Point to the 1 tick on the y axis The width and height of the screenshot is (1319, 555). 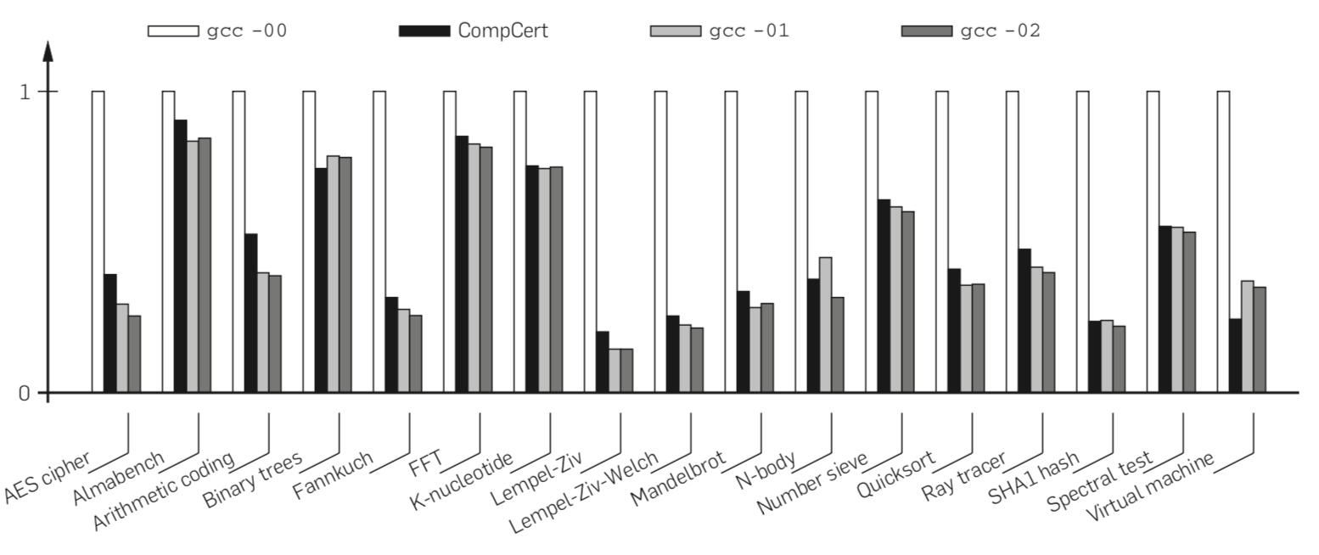(25, 91)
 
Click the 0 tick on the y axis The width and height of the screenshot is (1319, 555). (25, 393)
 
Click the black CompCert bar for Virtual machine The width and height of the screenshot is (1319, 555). (1236, 356)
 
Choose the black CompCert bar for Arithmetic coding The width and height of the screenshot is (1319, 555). (251, 313)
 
